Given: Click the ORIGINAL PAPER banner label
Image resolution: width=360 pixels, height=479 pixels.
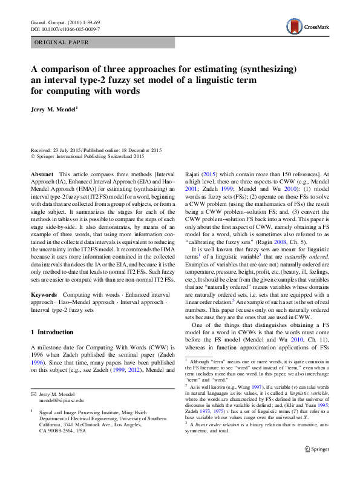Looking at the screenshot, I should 62,42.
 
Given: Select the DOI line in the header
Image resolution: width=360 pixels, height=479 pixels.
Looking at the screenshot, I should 65,28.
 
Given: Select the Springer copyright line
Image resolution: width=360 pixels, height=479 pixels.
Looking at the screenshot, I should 87,156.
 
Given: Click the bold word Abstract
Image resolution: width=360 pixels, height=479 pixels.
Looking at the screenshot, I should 42,173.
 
